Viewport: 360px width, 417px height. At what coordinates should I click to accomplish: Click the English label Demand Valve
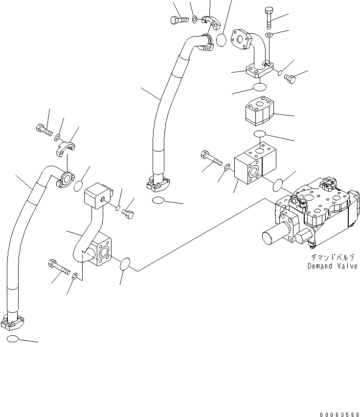[332, 266]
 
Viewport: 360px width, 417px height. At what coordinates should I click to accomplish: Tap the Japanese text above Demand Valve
[332, 257]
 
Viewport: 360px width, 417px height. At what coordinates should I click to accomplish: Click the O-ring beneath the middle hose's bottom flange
[159, 200]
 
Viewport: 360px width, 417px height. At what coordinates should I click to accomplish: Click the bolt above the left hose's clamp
[43, 130]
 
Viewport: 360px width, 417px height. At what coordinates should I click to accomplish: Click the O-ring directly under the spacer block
[260, 134]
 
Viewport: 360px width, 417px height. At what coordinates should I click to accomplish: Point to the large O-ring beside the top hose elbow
[221, 40]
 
